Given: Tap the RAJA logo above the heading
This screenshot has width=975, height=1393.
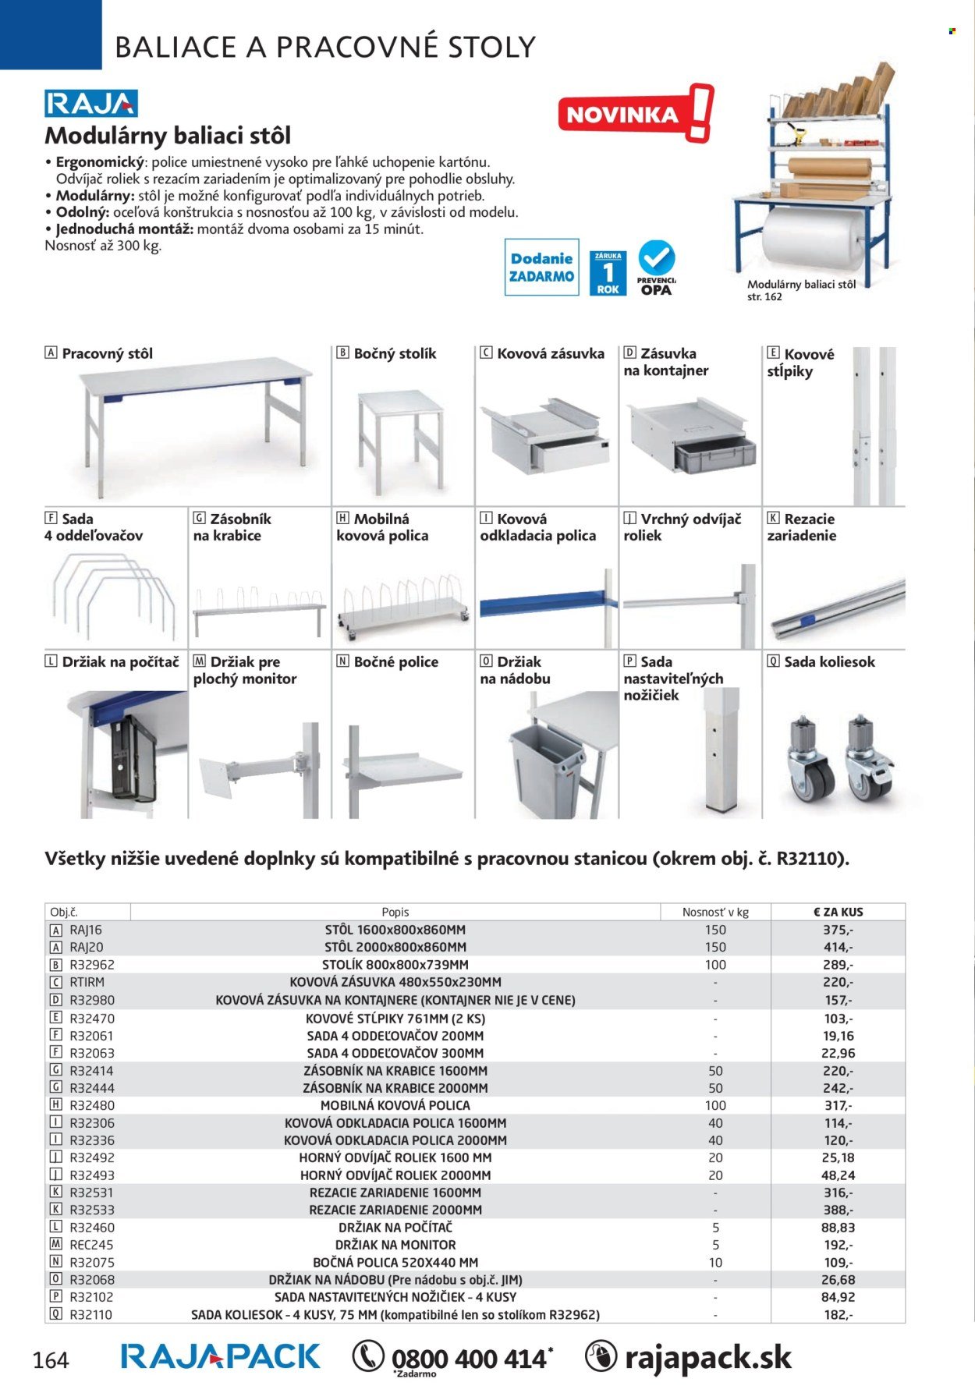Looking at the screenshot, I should click(91, 104).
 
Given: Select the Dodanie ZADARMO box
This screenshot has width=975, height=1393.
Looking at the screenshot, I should click(541, 268).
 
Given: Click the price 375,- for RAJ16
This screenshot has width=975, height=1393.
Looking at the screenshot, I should click(838, 930).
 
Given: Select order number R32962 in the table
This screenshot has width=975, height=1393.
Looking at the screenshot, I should click(92, 965).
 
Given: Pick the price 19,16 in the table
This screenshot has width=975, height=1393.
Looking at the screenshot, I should click(838, 1036).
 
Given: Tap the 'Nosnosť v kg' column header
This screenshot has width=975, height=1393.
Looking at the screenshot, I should click(715, 912).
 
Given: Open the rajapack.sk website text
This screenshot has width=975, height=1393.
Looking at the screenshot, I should click(707, 1358).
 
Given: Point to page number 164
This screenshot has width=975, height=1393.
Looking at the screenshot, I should click(51, 1361).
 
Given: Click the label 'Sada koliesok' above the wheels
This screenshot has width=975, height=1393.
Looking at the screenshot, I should click(829, 662).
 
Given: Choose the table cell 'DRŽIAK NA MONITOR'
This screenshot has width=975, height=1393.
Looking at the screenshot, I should click(395, 1245).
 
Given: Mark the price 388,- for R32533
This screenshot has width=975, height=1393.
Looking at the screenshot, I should click(838, 1210).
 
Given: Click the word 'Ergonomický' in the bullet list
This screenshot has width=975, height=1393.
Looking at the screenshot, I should click(101, 163).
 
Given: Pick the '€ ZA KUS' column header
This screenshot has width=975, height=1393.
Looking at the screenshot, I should click(838, 912).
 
